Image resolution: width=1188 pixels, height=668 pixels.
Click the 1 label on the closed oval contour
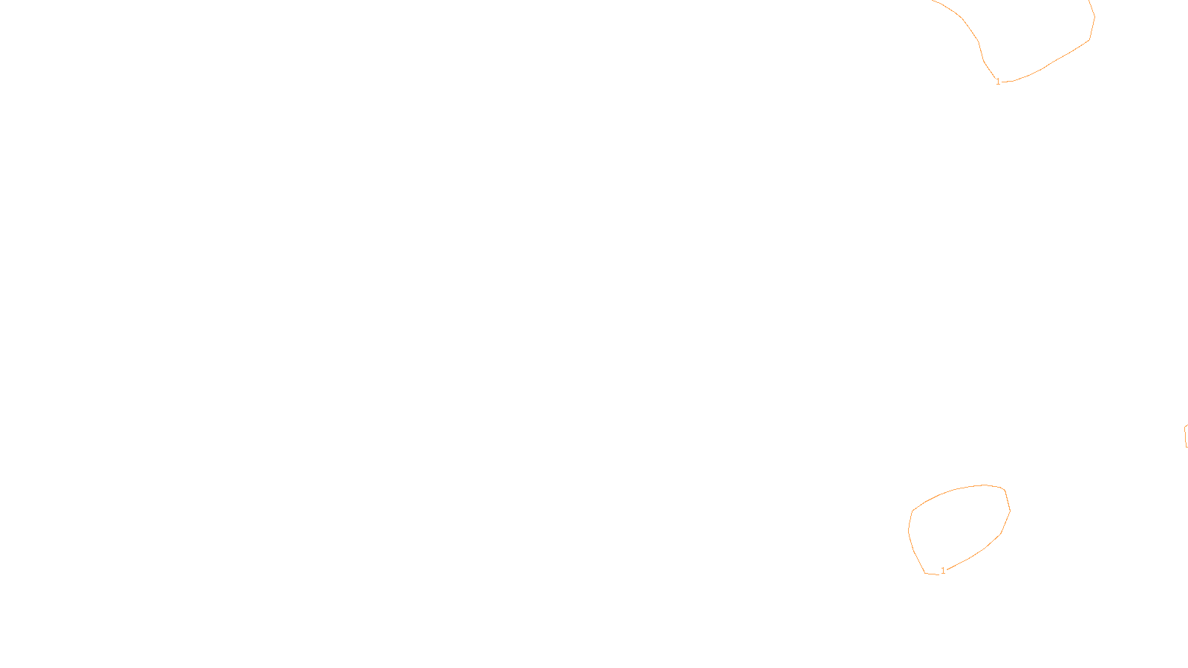point(943,571)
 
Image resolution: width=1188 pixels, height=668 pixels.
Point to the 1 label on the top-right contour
point(998,82)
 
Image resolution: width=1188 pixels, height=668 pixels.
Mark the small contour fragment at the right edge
point(1186,436)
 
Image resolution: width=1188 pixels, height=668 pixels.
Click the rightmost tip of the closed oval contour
point(1010,510)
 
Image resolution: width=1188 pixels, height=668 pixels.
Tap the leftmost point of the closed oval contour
point(909,530)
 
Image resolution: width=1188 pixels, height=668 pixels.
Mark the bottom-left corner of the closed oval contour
point(925,573)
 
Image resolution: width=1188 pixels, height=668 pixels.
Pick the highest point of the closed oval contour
point(985,485)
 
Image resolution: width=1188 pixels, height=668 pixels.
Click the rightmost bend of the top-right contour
point(1094,16)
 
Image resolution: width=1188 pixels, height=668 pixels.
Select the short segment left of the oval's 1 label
point(932,574)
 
